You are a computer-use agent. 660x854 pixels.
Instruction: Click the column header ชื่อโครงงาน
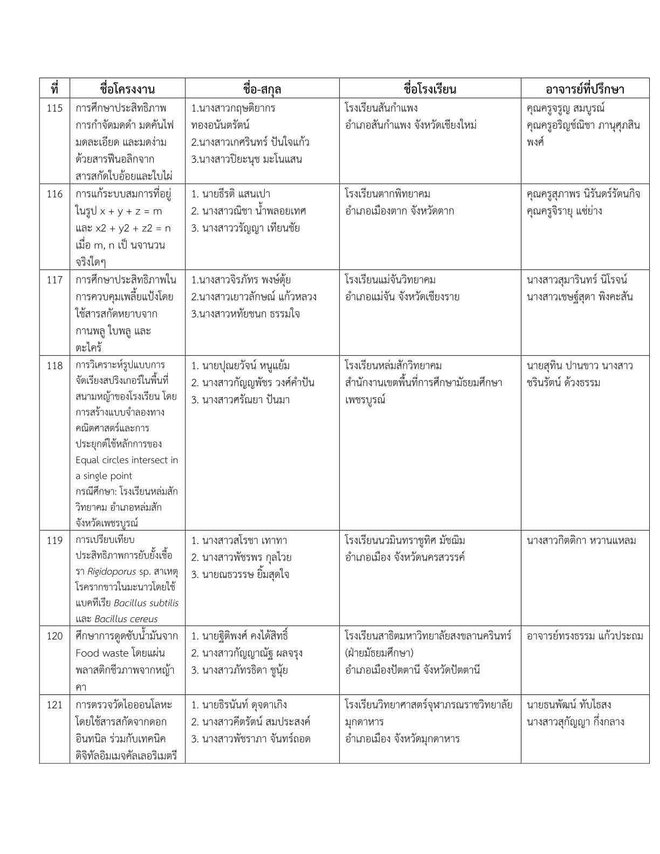127,89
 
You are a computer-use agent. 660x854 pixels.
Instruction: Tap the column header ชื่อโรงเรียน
430,89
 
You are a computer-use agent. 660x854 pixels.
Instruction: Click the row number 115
54,108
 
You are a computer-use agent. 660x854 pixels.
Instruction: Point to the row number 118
54,366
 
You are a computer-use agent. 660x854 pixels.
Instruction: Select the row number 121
54,705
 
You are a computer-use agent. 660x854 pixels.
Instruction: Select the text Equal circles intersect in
127,460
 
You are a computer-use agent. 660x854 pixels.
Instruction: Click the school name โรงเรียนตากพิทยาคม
388,194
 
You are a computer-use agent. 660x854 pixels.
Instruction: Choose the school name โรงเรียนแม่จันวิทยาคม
390,280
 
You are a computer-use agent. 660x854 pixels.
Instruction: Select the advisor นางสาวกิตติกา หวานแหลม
581,540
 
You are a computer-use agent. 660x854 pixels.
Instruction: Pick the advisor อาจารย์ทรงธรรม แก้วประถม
585,636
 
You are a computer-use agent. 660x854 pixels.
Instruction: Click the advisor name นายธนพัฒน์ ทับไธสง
569,705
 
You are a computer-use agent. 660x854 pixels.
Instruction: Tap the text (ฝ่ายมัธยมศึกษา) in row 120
379,653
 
